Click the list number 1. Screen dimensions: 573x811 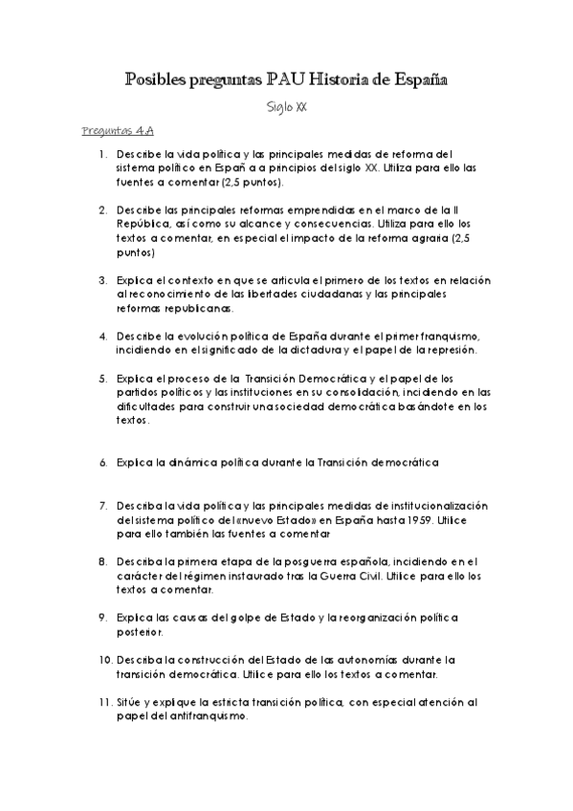coord(101,153)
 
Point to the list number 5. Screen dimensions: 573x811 coord(101,378)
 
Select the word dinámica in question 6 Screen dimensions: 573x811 coord(197,463)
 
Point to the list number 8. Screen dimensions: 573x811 coord(101,561)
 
